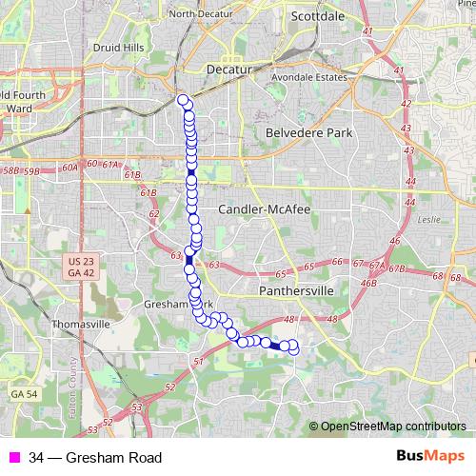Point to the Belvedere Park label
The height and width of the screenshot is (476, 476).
point(309,133)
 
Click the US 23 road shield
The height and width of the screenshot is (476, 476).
point(82,261)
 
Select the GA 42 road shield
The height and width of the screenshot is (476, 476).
point(82,272)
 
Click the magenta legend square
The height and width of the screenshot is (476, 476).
point(13,458)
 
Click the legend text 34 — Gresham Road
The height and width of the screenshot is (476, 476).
point(82,458)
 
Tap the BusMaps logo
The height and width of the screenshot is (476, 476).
point(430,457)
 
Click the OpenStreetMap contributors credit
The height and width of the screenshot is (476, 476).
point(393,426)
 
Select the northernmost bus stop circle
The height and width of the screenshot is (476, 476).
point(183,99)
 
